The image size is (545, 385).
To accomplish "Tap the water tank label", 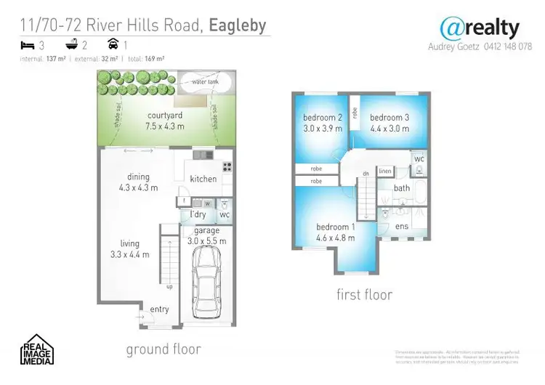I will pos(205,82).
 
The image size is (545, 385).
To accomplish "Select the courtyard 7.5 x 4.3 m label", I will pos(165,121).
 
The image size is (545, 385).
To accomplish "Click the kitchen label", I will pos(203,179).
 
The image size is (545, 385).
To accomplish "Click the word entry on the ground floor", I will pos(160,309).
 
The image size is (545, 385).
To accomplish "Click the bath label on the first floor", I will pos(402,188).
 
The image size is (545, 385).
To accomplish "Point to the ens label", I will pos(403,227).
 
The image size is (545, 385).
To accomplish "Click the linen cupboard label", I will pos(385,171).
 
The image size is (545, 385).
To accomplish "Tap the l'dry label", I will pos(198,215).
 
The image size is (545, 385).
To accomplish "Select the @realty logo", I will pos(480,28).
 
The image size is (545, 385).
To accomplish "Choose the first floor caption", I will pos(364,294).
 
